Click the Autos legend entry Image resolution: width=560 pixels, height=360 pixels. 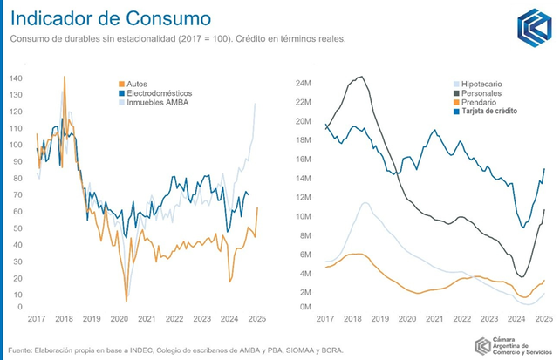137,83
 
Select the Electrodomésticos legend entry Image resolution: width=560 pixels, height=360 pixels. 160,92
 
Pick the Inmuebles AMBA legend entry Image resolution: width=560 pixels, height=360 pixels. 157,103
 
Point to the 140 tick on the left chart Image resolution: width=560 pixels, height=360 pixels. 17,78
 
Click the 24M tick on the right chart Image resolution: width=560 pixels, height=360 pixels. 303,85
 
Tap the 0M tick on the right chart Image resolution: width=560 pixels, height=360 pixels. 304,307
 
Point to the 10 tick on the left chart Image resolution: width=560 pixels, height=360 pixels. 18,295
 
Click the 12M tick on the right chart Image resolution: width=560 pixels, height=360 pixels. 303,196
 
